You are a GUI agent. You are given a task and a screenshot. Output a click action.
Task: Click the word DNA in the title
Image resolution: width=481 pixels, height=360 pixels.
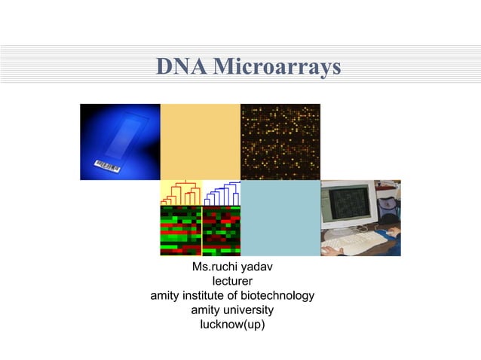[x=179, y=68]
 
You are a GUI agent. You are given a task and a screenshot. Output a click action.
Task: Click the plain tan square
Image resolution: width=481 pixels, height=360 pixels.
[x=200, y=142]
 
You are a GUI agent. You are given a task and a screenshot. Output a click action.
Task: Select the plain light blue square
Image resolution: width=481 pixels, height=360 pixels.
[x=280, y=218]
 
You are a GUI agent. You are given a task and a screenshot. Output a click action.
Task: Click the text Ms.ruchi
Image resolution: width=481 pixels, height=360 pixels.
[x=213, y=268]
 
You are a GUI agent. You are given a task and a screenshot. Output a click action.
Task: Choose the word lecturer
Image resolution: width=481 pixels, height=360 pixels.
[x=232, y=282]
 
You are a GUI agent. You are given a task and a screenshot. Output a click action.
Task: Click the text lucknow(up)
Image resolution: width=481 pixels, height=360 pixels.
[x=232, y=325]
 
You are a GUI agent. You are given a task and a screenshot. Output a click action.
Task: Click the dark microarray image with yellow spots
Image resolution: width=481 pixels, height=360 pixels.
[x=280, y=142]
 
